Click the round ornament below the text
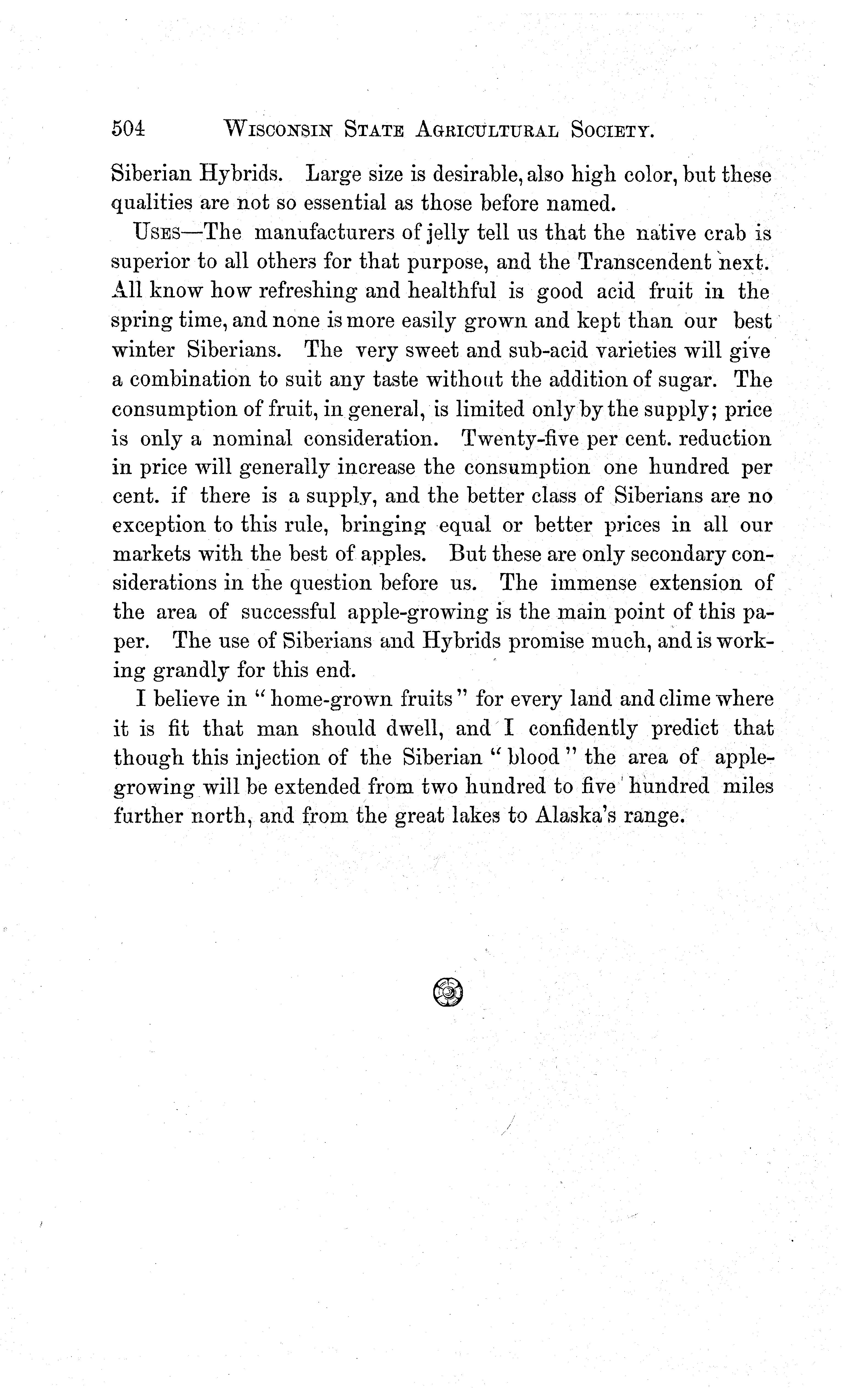pyautogui.click(x=448, y=992)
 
